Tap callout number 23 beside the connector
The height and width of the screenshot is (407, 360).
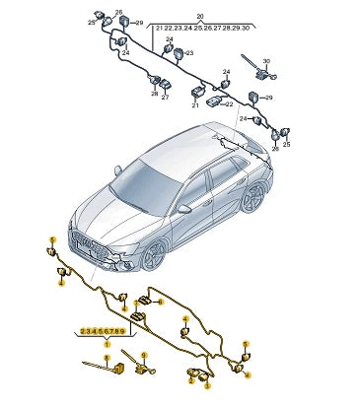pos(190,53)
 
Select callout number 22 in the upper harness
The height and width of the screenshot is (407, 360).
pos(229,102)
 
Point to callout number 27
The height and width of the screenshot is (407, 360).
pos(165,98)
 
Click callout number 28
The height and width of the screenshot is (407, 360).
pos(154,94)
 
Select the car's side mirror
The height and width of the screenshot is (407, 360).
pos(183,209)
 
